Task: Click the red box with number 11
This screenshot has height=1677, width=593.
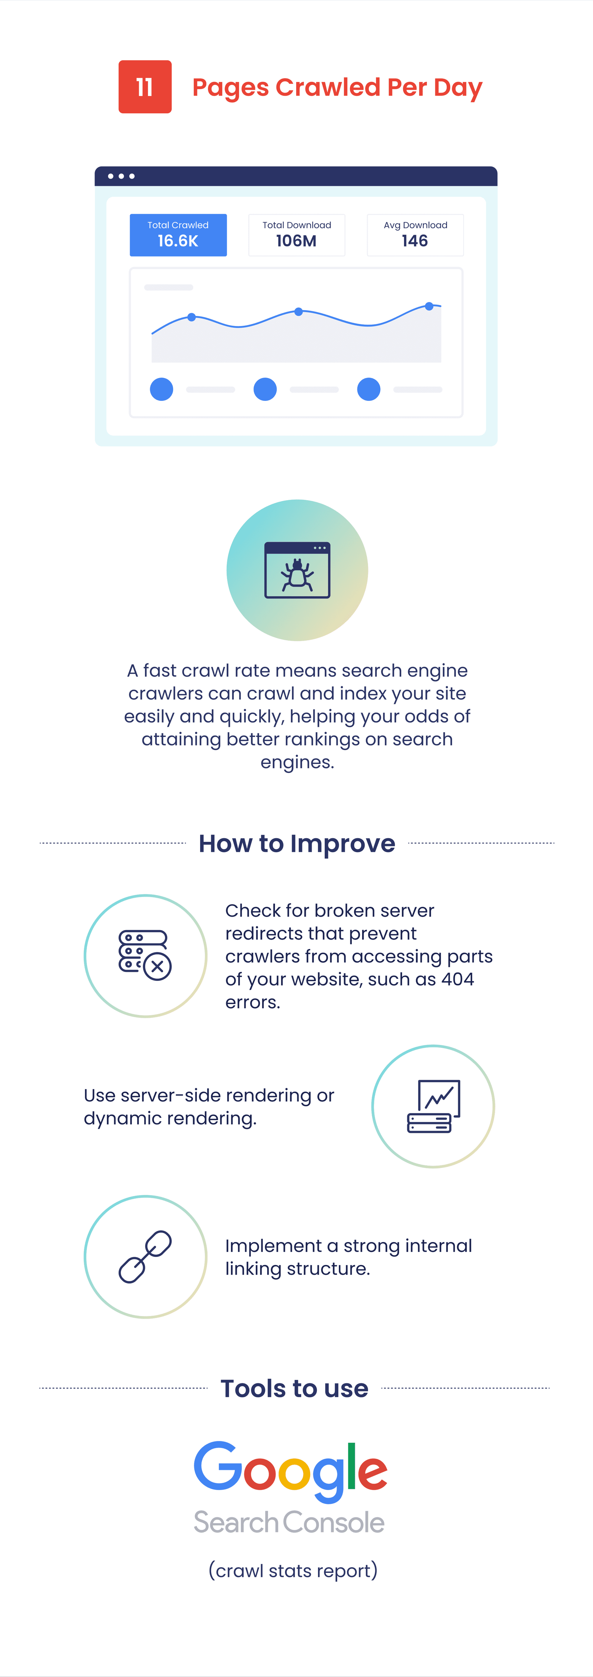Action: pos(145,87)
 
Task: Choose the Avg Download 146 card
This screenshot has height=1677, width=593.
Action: pos(415,235)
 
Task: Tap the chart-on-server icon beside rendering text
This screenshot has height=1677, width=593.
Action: pos(434,1106)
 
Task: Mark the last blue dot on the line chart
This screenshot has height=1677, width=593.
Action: pos(429,306)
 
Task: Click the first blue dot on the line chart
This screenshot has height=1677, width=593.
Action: pos(191,317)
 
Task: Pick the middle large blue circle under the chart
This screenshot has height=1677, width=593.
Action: pos(265,389)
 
